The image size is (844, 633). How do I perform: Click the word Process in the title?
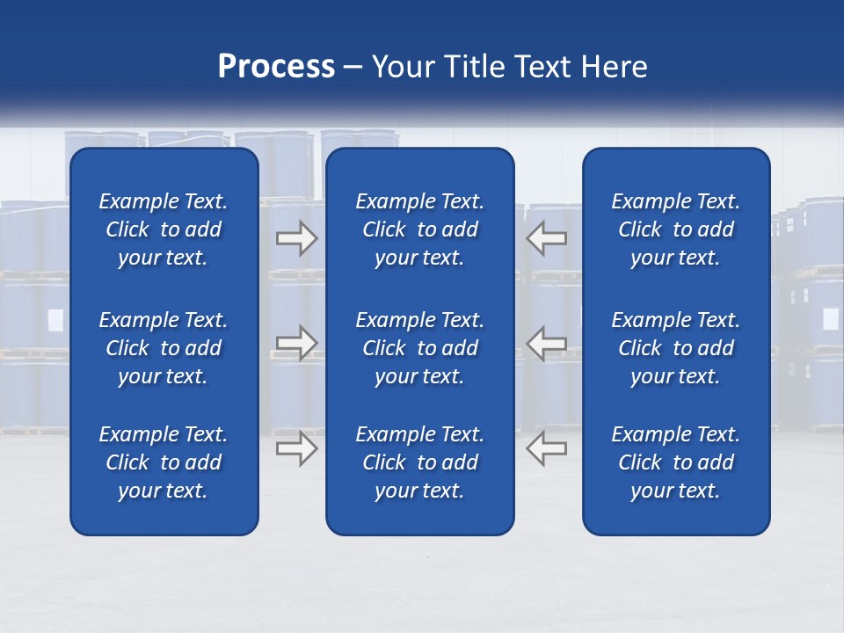(276, 67)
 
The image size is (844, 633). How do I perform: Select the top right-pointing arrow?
(296, 238)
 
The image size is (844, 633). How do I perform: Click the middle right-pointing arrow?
(296, 343)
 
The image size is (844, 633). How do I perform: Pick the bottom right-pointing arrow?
(296, 447)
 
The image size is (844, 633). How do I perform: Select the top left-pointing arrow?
(547, 238)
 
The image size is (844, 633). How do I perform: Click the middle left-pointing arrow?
(547, 343)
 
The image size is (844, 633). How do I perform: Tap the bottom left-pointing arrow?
(547, 447)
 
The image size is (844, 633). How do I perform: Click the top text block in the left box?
(164, 229)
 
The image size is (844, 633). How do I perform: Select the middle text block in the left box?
(164, 348)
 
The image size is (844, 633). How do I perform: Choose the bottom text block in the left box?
(164, 462)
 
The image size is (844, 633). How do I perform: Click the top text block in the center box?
(420, 229)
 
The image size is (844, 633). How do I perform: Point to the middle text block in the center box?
(420, 348)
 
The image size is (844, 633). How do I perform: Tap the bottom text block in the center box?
(420, 462)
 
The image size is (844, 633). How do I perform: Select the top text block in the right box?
(676, 229)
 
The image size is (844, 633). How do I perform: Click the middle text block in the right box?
(676, 348)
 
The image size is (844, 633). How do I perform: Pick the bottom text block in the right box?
(676, 462)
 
